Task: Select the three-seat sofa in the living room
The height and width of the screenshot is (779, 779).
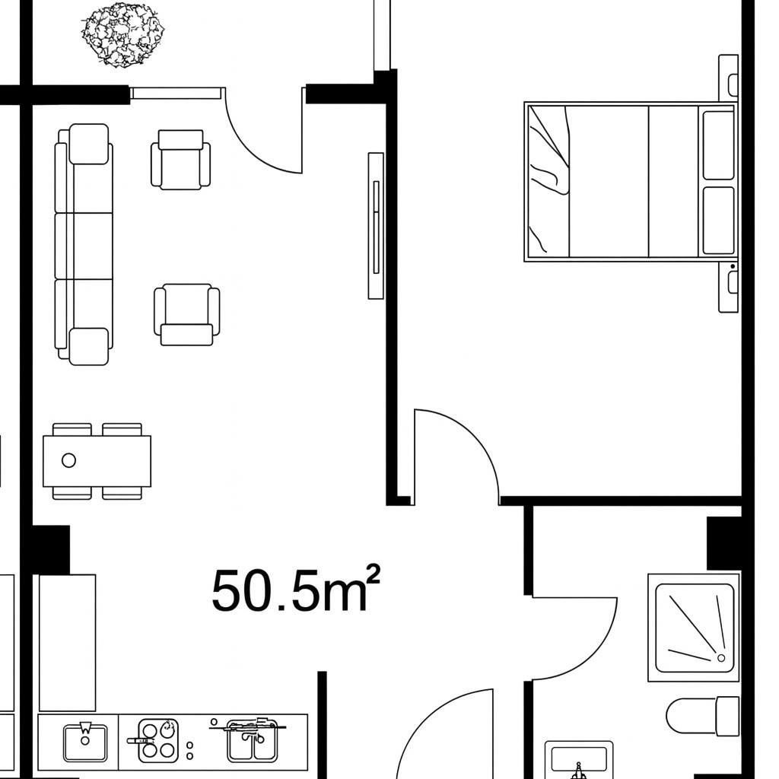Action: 83,244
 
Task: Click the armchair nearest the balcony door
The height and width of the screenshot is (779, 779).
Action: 181,160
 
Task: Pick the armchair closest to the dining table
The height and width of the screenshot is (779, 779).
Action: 186,314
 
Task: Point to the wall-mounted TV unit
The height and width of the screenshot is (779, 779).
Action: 376,225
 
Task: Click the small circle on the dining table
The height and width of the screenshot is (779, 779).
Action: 68,459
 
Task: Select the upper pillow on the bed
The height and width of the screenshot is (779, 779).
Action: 718,145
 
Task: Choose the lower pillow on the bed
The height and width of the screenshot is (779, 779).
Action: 718,221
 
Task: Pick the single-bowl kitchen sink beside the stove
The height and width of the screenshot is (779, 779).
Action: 85,742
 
